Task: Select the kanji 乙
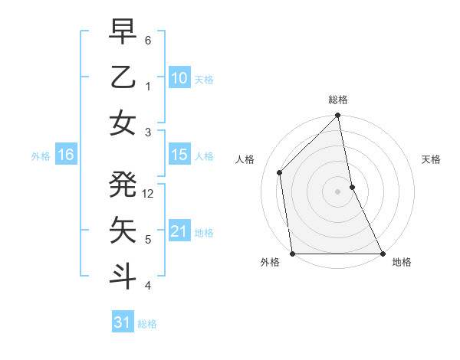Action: (x=123, y=77)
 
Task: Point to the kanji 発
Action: (x=123, y=185)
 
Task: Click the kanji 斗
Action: (x=123, y=277)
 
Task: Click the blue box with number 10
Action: (x=179, y=77)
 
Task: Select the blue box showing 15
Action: (x=179, y=155)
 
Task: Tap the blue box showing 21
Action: (x=179, y=231)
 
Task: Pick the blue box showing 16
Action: (x=66, y=155)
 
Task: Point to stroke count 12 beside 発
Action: (x=149, y=194)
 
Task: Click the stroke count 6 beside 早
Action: (x=148, y=40)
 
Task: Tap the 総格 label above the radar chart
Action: (x=338, y=100)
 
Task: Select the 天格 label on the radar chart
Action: (x=432, y=160)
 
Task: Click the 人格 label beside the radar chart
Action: (x=245, y=160)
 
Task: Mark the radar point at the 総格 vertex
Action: (x=338, y=116)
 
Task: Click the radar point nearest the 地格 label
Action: (x=382, y=253)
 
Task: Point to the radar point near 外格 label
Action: (x=293, y=253)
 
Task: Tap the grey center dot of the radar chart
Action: (x=338, y=191)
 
